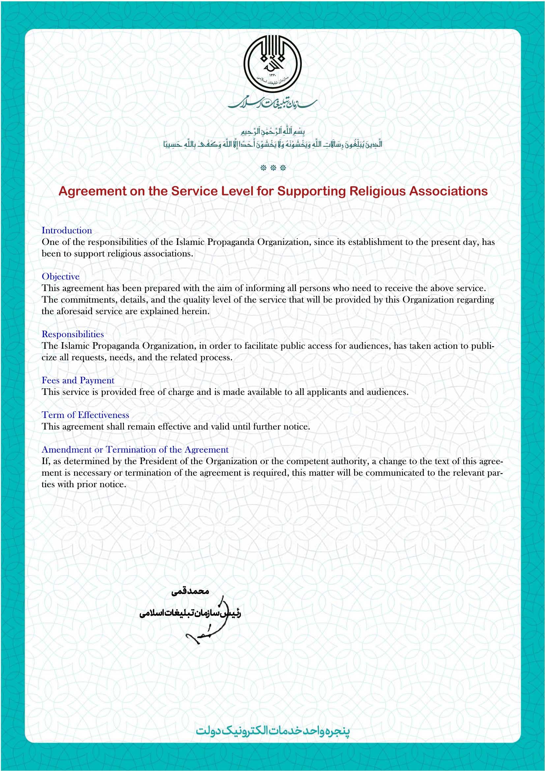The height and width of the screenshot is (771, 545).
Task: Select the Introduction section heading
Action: click(x=67, y=230)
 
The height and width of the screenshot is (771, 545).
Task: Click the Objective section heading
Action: click(x=60, y=276)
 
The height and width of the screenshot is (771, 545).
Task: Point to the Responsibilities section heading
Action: click(x=72, y=334)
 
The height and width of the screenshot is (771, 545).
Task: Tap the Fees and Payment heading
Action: click(x=78, y=380)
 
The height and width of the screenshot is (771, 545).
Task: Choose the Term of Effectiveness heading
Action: click(x=85, y=415)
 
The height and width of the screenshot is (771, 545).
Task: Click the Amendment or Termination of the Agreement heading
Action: click(x=135, y=449)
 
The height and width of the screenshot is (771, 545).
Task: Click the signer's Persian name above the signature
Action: click(x=190, y=591)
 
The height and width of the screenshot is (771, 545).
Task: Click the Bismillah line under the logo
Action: click(x=272, y=131)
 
